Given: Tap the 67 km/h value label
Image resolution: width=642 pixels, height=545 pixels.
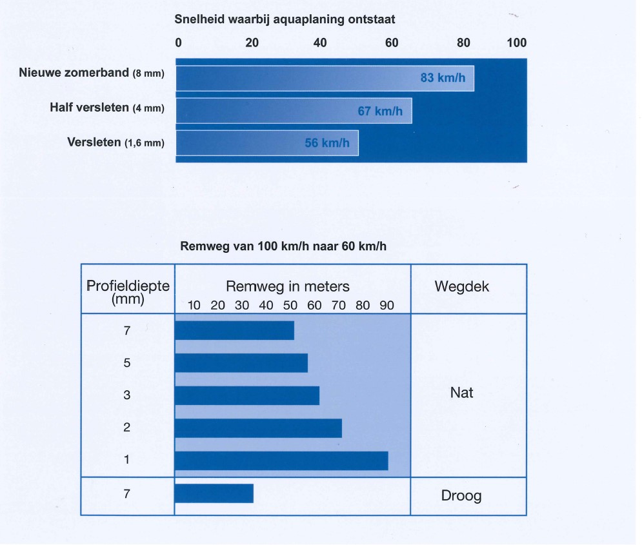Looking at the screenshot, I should pyautogui.click(x=381, y=111).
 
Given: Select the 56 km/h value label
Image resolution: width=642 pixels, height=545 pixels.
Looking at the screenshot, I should pyautogui.click(x=327, y=143).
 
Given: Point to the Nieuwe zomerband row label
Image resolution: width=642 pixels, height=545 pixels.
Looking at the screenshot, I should pyautogui.click(x=92, y=73).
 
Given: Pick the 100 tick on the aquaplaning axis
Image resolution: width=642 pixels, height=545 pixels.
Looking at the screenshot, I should pyautogui.click(x=517, y=43).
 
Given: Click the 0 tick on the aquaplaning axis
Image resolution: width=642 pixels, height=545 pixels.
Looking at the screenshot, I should pyautogui.click(x=179, y=43).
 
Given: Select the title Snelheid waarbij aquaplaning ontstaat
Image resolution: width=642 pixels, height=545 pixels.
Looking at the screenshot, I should pyautogui.click(x=285, y=19).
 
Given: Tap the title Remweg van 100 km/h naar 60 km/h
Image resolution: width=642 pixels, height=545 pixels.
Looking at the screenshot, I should pyautogui.click(x=285, y=246).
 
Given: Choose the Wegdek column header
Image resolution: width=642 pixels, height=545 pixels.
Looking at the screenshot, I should pyautogui.click(x=462, y=287).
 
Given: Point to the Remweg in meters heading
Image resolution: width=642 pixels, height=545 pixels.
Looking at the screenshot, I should pyautogui.click(x=288, y=286).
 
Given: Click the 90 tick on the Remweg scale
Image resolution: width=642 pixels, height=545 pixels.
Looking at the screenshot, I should pyautogui.click(x=386, y=305).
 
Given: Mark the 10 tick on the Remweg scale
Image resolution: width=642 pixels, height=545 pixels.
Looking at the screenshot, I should pyautogui.click(x=194, y=305).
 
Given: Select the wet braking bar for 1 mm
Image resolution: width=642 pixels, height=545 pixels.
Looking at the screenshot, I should pyautogui.click(x=281, y=461).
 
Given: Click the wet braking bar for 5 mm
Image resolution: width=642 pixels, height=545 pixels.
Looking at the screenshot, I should pyautogui.click(x=241, y=363).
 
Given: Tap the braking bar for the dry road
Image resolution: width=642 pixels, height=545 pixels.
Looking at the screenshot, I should pyautogui.click(x=214, y=493).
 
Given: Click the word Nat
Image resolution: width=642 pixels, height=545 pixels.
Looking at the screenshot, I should pyautogui.click(x=461, y=392).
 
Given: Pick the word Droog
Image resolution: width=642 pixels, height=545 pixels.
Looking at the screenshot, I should pyautogui.click(x=461, y=496).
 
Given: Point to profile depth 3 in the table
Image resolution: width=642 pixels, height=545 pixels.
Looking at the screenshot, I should pyautogui.click(x=127, y=395).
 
